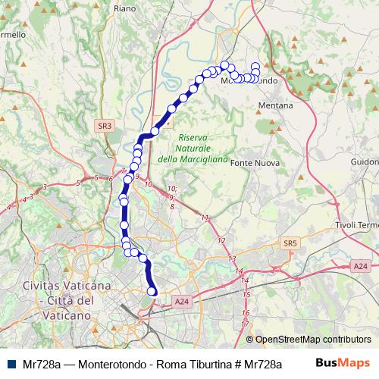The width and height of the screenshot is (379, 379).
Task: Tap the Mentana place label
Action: click(x=275, y=105)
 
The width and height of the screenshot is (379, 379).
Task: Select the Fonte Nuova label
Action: click(x=255, y=163)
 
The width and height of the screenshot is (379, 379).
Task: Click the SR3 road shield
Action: click(x=105, y=126)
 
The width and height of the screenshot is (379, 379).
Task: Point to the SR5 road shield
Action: click(x=288, y=243)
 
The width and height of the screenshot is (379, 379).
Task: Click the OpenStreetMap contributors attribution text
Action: click(x=313, y=340)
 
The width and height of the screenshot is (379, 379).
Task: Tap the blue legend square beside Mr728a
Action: click(x=13, y=365)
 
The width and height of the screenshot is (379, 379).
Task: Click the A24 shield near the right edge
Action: click(x=360, y=266)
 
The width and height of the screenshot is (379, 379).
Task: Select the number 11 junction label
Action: click(x=205, y=218)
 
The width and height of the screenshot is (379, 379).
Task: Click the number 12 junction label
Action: click(x=222, y=240)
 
